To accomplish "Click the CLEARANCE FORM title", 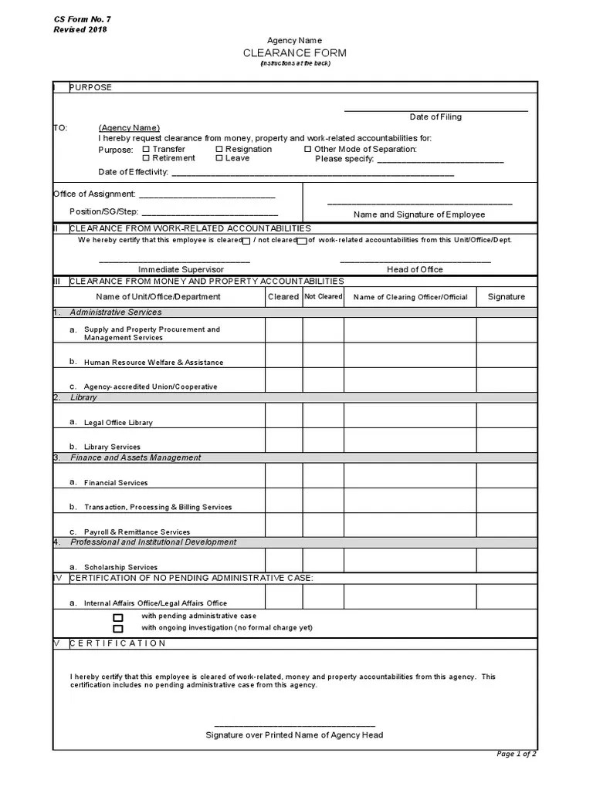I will [x=295, y=53].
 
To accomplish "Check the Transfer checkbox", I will [x=147, y=149].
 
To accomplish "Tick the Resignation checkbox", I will [x=219, y=149].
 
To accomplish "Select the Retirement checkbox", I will [x=147, y=158].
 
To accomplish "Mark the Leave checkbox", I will [x=219, y=158].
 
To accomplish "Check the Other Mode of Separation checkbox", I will [x=307, y=149].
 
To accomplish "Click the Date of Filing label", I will [x=435, y=117].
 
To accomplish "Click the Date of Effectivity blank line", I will [x=312, y=174].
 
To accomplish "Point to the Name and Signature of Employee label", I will [x=419, y=214].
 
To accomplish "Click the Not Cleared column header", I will [x=323, y=296].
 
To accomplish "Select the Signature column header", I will [x=506, y=296].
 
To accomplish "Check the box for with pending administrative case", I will [x=118, y=617].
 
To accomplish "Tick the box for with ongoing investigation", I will [x=118, y=628].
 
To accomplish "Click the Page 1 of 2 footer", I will [x=517, y=753].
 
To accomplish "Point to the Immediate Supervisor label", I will [x=181, y=269].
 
